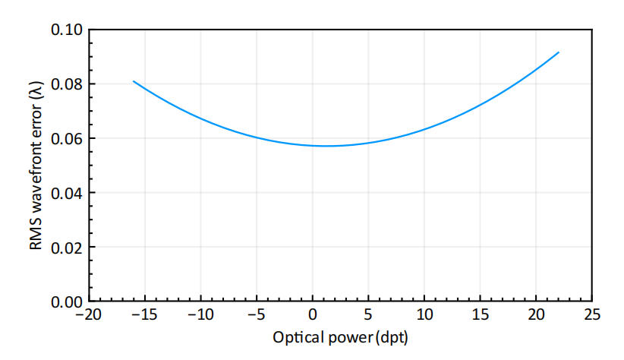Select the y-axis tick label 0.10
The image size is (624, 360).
coord(67,30)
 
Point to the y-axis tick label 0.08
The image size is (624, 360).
coord(67,84)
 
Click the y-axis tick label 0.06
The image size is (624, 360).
coord(67,138)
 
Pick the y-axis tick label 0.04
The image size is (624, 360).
coord(67,192)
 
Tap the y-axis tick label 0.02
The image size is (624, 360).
coord(67,247)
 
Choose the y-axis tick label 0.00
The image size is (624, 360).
coord(67,301)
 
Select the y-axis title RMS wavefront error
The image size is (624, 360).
coord(36,165)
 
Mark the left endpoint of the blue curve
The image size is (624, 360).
coord(134,81)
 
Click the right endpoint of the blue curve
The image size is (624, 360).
coord(559,52)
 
